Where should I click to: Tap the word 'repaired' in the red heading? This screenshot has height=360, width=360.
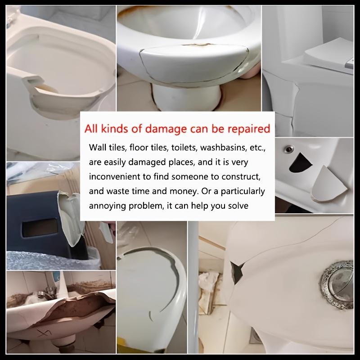[247, 130]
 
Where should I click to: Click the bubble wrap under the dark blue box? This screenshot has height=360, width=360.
[27, 258]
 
